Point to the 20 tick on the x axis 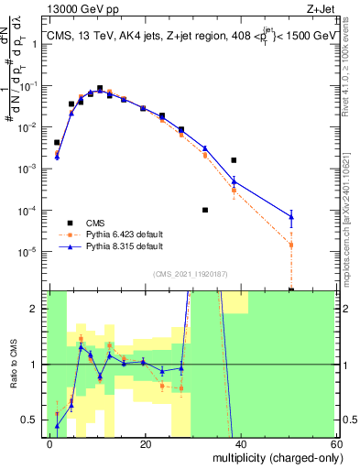[x=146, y=444]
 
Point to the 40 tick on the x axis [x=241, y=444]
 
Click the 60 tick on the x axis [x=335, y=444]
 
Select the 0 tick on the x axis [x=50, y=444]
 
